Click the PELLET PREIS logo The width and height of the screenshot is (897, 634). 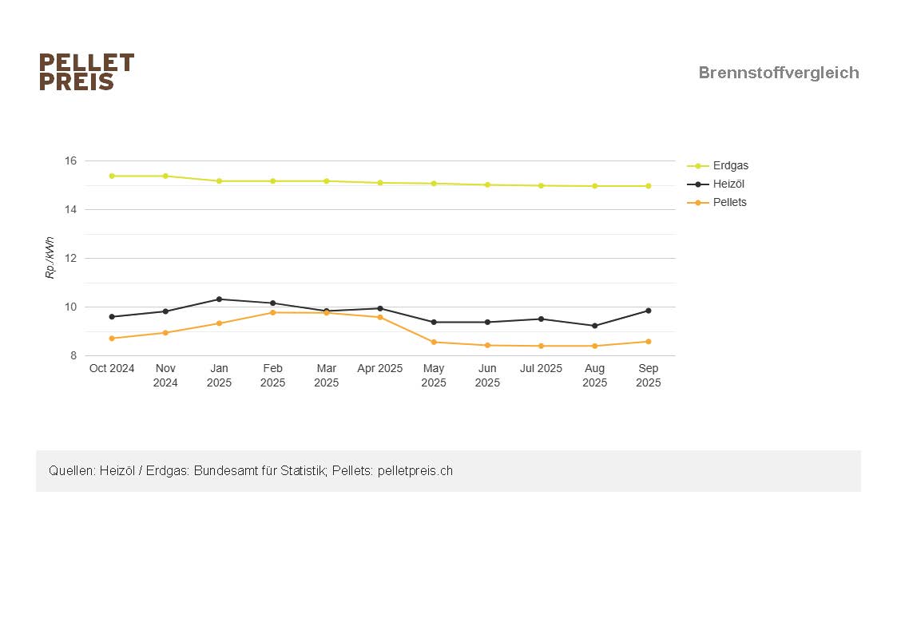click(x=86, y=72)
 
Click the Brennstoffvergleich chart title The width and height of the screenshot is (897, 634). click(x=778, y=73)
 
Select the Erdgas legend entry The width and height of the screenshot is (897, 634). click(x=730, y=166)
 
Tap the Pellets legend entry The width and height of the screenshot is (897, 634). click(x=729, y=203)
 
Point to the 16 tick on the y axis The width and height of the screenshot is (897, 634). click(x=70, y=161)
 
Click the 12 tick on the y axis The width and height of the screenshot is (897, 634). click(x=70, y=259)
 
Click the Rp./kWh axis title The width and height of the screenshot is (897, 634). click(x=50, y=258)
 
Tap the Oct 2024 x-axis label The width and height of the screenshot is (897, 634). click(x=112, y=369)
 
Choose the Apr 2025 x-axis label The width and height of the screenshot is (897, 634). click(x=380, y=369)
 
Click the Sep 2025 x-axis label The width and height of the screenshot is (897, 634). click(x=648, y=375)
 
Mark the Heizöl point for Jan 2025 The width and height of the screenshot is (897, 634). click(x=219, y=299)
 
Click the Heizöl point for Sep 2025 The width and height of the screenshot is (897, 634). click(x=648, y=311)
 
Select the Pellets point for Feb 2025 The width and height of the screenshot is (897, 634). click(x=272, y=312)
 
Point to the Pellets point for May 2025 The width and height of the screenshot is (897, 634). click(x=434, y=343)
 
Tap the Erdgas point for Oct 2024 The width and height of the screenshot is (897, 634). click(x=112, y=176)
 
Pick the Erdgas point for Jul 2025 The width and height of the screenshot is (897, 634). click(x=541, y=186)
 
